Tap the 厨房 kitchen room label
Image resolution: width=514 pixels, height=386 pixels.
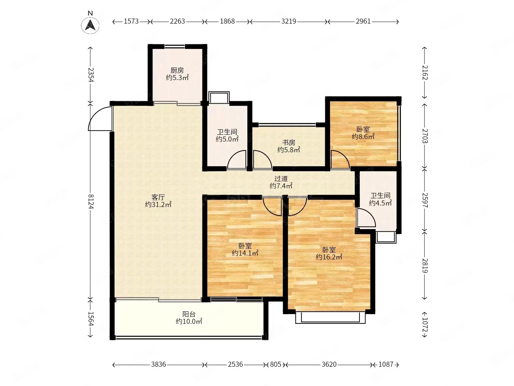coord(177,70)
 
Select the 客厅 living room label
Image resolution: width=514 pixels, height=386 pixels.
coord(158,197)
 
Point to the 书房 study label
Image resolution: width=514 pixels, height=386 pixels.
coord(288,142)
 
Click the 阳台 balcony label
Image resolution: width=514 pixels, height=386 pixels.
coord(189,314)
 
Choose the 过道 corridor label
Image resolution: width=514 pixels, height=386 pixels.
coord(281,179)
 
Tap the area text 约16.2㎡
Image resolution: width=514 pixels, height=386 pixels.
coord(329,257)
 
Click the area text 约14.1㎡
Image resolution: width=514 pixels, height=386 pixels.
coord(245,253)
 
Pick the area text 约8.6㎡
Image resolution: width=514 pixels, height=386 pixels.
coord(363,137)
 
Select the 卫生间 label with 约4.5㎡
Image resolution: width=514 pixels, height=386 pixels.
coord(380,196)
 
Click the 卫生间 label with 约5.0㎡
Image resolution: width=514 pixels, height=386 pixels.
coord(227,132)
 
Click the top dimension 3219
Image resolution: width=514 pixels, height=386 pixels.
coord(288,21)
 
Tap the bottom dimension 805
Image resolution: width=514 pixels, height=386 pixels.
coord(275,364)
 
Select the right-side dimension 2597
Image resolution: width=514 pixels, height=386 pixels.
coord(425,200)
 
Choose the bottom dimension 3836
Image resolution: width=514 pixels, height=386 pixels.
coord(158,364)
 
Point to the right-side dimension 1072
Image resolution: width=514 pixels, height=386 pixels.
coord(425,325)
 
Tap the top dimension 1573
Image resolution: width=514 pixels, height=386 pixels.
coord(131,21)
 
